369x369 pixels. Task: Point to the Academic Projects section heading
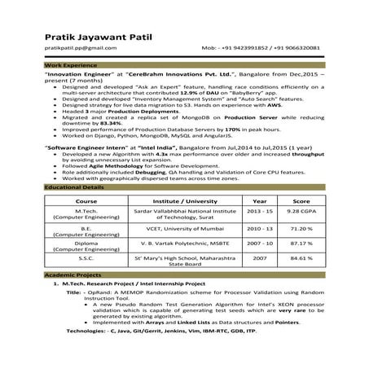[x=71, y=276]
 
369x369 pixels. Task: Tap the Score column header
[x=301, y=200]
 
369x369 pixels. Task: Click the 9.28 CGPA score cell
[x=301, y=211]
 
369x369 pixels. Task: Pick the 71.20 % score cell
[x=301, y=229]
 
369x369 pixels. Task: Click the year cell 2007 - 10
[x=259, y=243]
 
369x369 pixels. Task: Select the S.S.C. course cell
[x=86, y=257]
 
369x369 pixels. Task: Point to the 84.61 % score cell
[x=301, y=257]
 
